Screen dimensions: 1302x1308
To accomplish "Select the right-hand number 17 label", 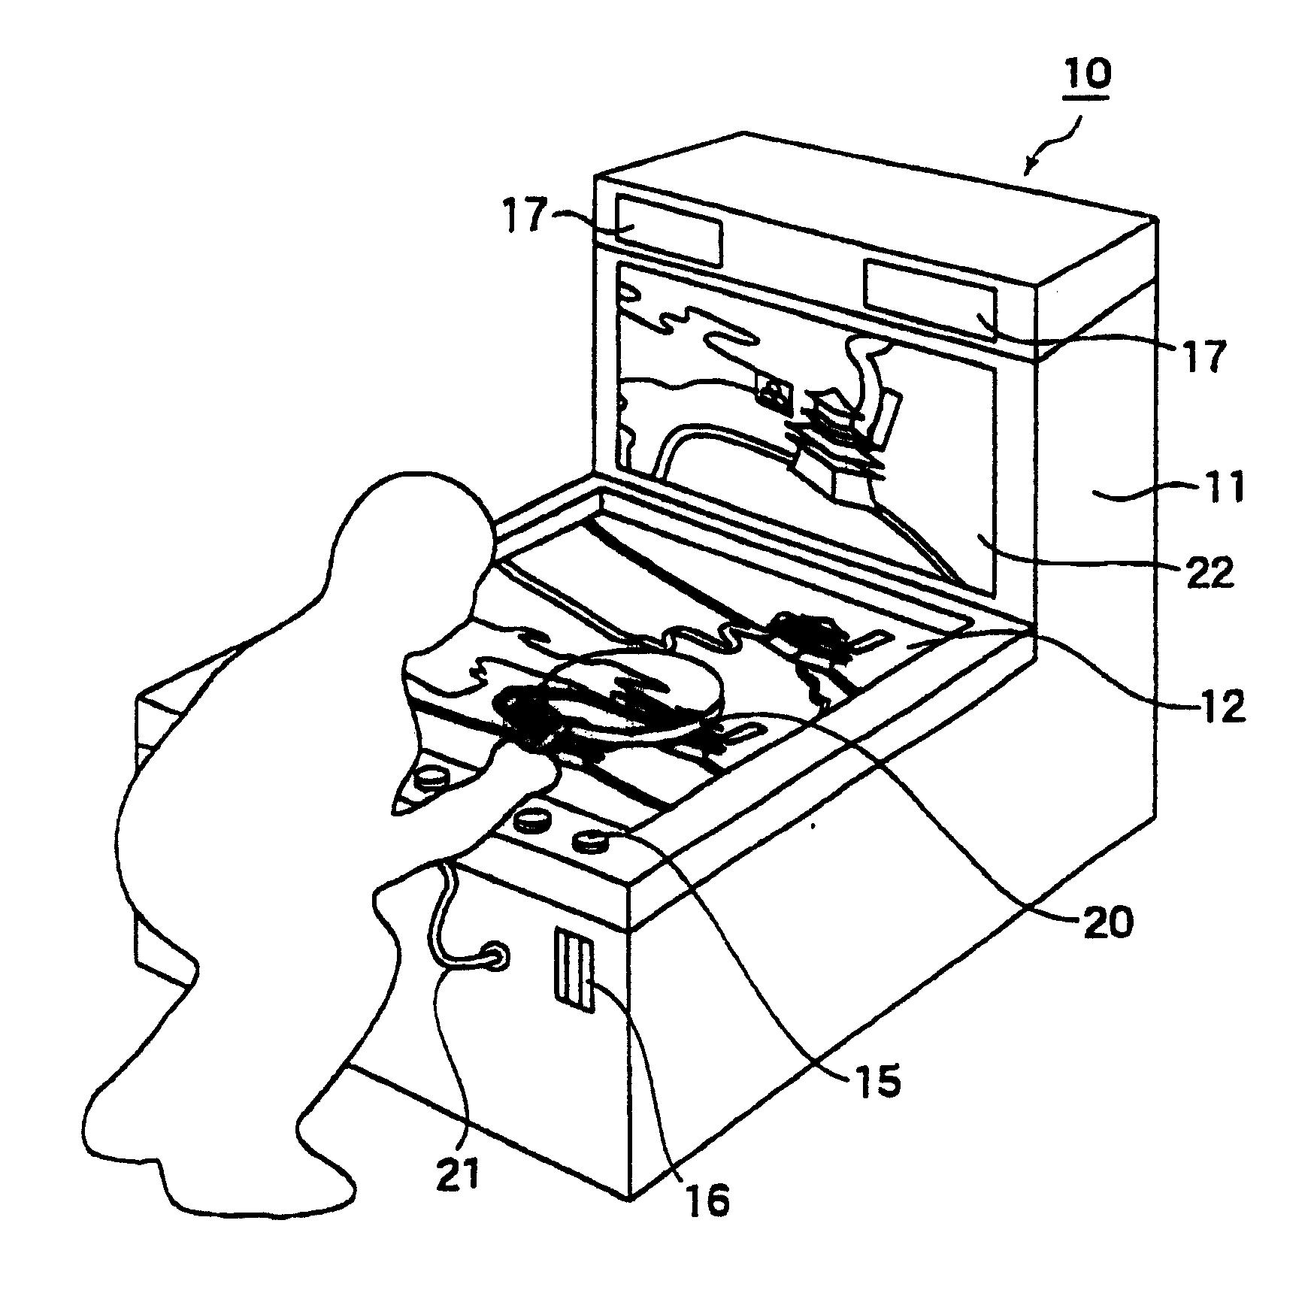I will click(1201, 356).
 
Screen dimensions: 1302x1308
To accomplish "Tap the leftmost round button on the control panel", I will click(430, 780).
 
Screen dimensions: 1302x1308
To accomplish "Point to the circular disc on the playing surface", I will click(635, 695).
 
